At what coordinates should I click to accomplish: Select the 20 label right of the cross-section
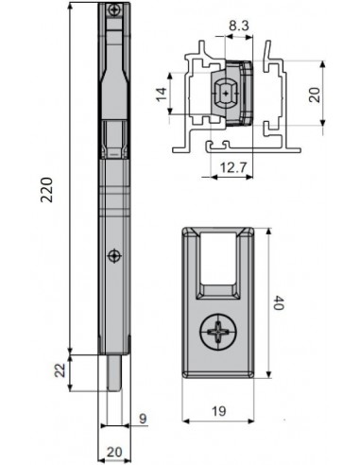tap(314, 95)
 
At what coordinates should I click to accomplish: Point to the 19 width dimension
tap(220, 412)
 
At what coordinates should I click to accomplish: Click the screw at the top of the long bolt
tap(114, 10)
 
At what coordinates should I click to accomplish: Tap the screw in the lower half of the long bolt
tap(113, 254)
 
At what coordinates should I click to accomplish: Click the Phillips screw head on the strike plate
tap(220, 333)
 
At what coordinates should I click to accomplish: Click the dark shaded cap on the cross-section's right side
tap(247, 95)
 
